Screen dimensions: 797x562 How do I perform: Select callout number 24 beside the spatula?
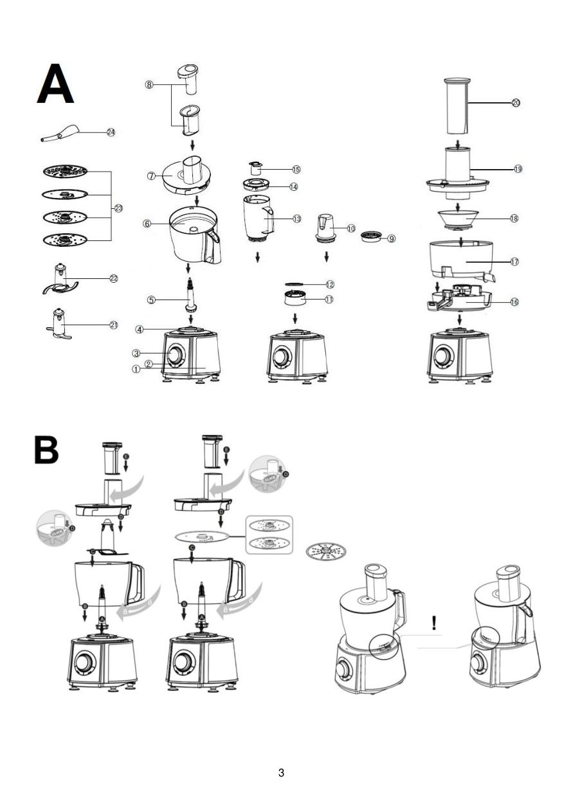pos(111,132)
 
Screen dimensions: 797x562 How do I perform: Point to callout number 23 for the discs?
pos(118,208)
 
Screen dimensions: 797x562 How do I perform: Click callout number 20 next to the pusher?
pos(515,103)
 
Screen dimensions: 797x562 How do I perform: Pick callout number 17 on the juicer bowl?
pos(514,262)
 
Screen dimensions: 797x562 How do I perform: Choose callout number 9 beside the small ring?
pos(391,238)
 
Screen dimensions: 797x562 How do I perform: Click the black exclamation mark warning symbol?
pos(434,622)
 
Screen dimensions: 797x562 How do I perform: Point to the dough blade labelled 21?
pos(60,323)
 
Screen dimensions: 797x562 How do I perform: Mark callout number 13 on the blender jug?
pos(296,219)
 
